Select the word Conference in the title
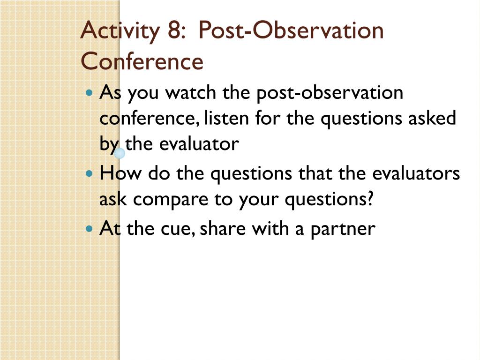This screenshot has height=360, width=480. coord(142,61)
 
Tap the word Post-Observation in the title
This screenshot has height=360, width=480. coord(291,30)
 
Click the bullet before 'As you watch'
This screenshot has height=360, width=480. coord(90,92)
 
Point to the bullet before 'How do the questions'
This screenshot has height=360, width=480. coord(90,173)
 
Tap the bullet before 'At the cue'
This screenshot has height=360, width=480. coord(90,228)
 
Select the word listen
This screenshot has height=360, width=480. coord(226,118)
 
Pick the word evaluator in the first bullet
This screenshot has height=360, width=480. coord(199,143)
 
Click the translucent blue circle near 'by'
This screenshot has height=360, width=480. coord(120,153)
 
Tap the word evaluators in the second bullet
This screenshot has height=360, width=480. coord(416,173)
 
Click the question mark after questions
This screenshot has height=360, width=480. coord(370,198)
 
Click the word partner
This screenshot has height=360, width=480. coord(343,229)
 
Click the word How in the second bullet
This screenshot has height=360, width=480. coord(120,173)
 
